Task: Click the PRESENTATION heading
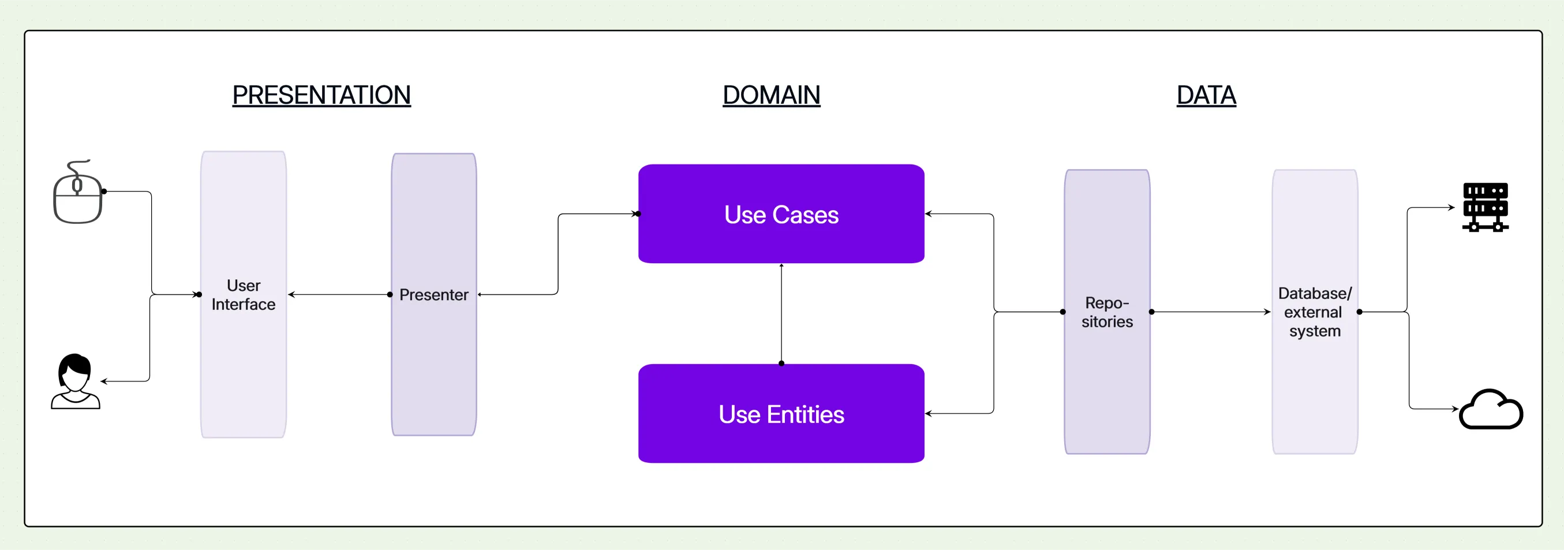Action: point(321,95)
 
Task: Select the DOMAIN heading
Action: point(771,95)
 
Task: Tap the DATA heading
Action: point(1206,95)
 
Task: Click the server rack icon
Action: point(1485,207)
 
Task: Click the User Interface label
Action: point(244,294)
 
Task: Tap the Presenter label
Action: point(433,294)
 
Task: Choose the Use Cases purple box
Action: point(781,214)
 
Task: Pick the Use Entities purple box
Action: point(781,413)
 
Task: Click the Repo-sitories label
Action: point(1107,312)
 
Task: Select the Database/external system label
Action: point(1315,312)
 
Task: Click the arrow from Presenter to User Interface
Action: point(340,294)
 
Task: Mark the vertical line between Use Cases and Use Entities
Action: point(781,313)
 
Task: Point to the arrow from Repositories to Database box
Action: point(1211,312)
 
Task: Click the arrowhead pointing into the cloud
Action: point(1455,409)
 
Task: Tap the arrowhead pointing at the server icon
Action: point(1451,208)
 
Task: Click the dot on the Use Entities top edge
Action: point(781,364)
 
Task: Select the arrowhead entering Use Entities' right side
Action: point(929,413)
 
